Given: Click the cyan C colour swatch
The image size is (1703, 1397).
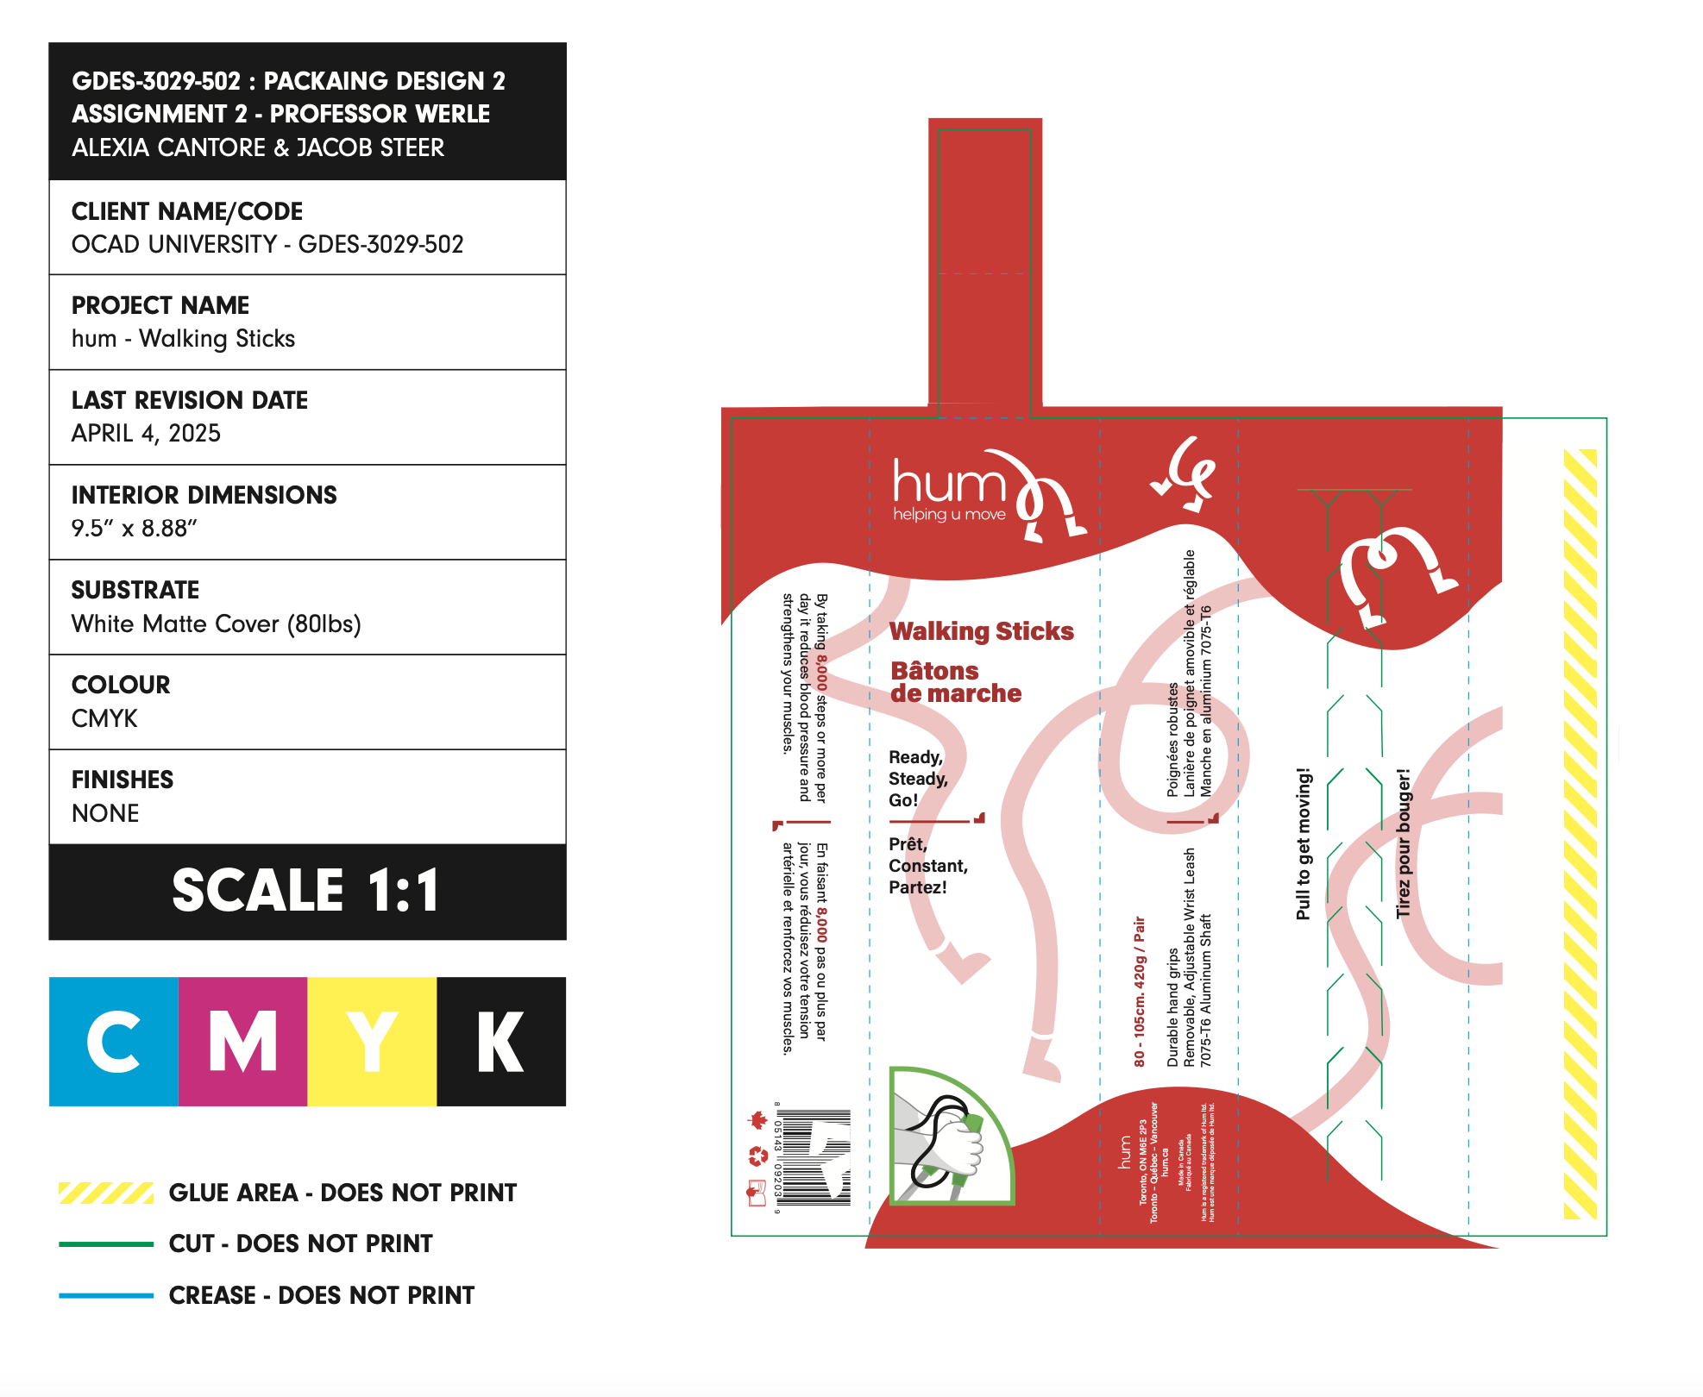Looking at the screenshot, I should click(114, 1041).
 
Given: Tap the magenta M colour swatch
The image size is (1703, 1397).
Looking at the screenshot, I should click(242, 1041).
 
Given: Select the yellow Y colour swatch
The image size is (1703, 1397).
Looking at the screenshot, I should click(372, 1041).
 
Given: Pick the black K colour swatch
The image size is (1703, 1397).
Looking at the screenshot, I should click(501, 1041).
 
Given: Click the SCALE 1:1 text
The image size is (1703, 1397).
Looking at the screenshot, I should click(307, 891).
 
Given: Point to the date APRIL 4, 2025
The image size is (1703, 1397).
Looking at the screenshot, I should click(146, 433).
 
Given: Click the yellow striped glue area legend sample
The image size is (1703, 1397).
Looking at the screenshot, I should click(105, 1193).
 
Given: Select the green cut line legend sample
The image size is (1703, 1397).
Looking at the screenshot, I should click(105, 1244).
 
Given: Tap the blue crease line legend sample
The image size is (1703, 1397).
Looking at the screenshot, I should click(105, 1295).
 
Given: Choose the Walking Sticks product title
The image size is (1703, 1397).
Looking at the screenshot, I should click(981, 631).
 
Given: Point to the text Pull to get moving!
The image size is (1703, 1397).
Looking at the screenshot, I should click(1303, 843).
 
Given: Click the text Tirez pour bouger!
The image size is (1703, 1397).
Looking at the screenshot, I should click(1403, 843).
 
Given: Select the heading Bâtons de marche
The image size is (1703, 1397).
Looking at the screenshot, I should click(955, 682).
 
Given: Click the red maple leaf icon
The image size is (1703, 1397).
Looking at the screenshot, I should click(757, 1120).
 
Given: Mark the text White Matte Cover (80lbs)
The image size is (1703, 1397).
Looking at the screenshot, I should click(216, 623).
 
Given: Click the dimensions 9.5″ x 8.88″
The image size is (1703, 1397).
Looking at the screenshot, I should click(134, 528).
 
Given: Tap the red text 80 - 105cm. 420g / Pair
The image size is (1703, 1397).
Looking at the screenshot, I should click(1139, 992).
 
